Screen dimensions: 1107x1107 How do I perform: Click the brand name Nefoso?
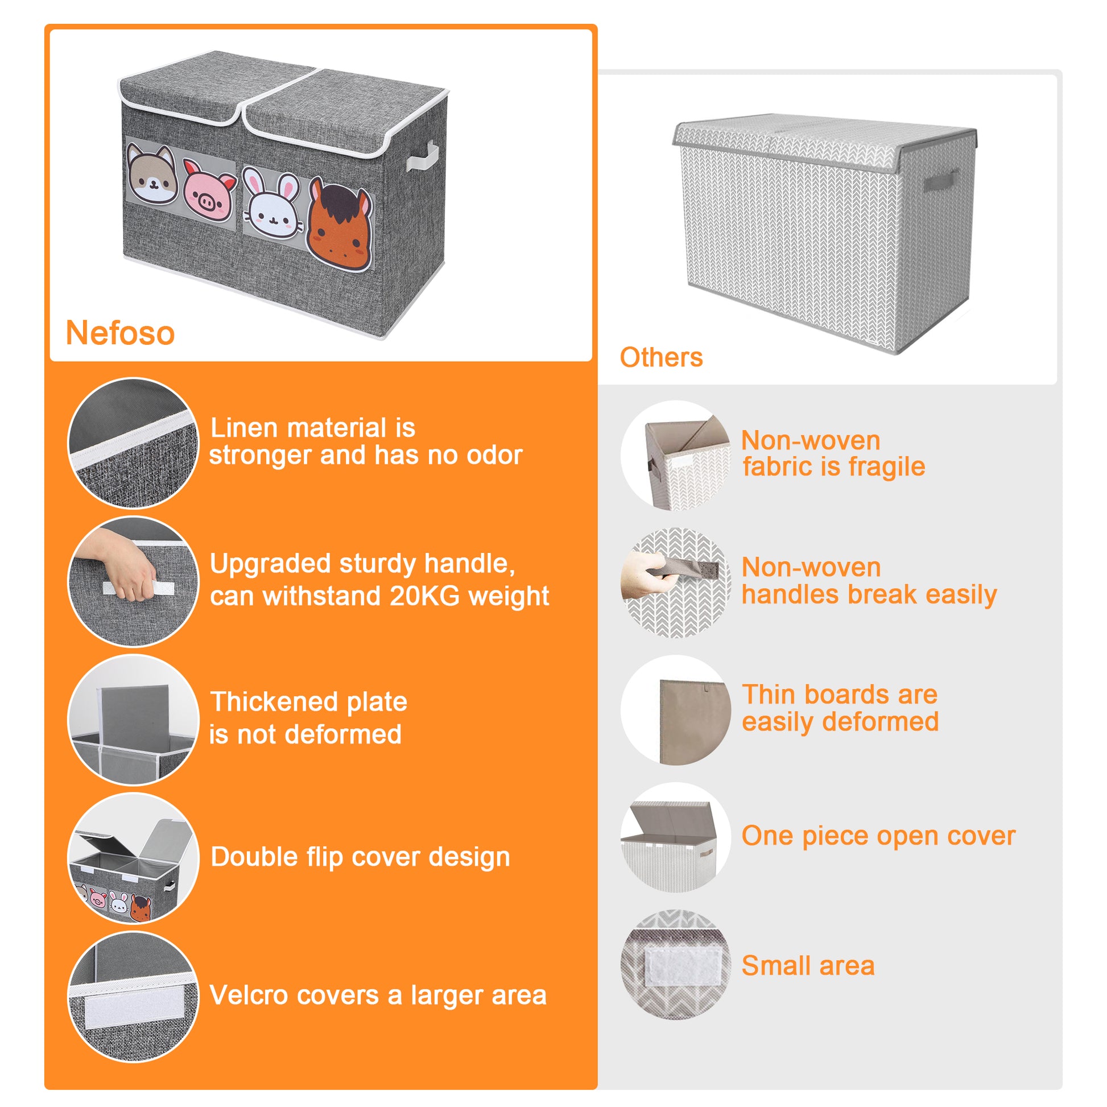(120, 333)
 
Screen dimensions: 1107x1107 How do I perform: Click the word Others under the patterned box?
(660, 358)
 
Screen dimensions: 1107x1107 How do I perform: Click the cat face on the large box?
(152, 175)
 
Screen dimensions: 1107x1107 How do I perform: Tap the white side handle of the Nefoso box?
(423, 158)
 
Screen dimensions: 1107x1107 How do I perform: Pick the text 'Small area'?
(808, 965)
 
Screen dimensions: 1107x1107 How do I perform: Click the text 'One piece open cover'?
(878, 836)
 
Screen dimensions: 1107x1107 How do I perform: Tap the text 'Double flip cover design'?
(360, 857)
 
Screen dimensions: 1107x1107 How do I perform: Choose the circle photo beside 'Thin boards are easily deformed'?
(676, 711)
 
